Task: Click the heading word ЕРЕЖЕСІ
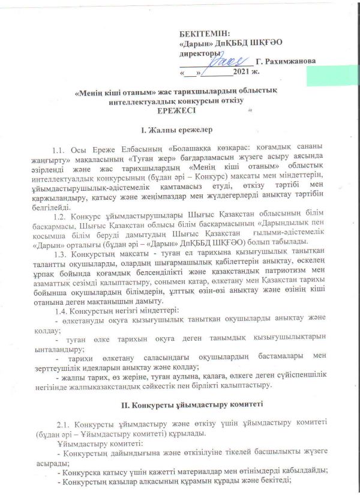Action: pyautogui.click(x=176, y=111)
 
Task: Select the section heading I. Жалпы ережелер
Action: pyautogui.click(x=176, y=130)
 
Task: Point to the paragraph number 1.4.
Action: pyautogui.click(x=62, y=310)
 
